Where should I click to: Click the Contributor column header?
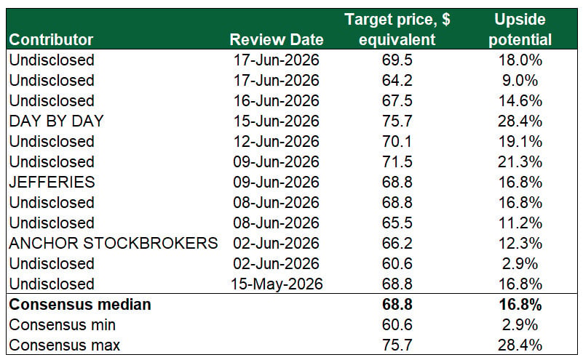click(x=51, y=40)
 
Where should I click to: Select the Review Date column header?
click(x=277, y=40)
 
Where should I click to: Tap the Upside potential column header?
click(x=520, y=30)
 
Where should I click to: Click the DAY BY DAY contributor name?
click(x=56, y=121)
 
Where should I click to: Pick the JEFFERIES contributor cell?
click(x=52, y=183)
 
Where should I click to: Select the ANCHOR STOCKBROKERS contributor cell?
click(x=114, y=244)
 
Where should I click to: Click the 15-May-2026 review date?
click(x=277, y=284)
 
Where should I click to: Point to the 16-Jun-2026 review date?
click(x=277, y=101)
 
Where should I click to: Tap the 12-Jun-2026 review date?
click(x=277, y=142)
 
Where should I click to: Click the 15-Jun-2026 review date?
click(x=277, y=121)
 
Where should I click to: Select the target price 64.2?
click(x=397, y=81)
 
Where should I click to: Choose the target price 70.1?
click(x=397, y=142)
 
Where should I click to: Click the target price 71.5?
click(x=397, y=162)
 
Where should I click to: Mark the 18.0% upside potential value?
click(x=520, y=60)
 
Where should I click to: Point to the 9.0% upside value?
click(x=520, y=81)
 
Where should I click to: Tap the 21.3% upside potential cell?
click(x=520, y=162)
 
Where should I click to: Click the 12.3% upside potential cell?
click(x=520, y=244)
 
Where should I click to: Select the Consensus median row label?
click(x=80, y=305)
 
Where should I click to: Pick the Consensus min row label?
click(x=62, y=325)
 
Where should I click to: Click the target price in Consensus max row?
click(x=397, y=345)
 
